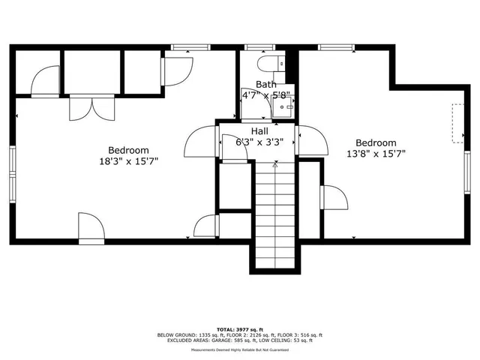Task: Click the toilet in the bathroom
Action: pos(268,63)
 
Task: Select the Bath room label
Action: pos(265,85)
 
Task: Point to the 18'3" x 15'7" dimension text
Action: pos(128,160)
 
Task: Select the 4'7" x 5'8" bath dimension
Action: pos(266,95)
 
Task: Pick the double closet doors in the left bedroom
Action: pos(92,106)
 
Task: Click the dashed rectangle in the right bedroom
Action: pos(456,122)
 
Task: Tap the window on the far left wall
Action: pos(13,173)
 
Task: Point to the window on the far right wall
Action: pos(468,172)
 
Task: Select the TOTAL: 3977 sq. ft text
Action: pos(239,329)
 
